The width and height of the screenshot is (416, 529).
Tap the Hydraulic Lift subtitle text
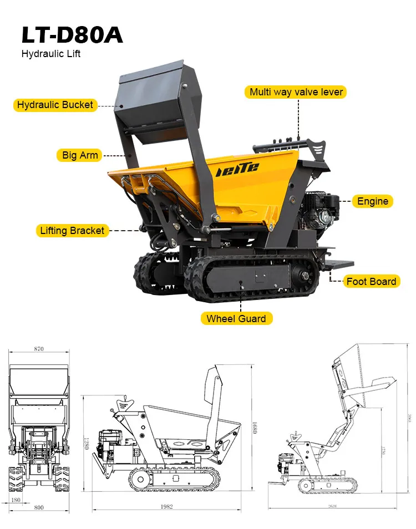coord(51,54)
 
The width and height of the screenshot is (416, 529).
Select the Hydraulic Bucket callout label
coord(55,105)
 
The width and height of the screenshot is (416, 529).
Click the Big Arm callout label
coord(80,155)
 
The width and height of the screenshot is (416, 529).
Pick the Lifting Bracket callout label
coord(72,230)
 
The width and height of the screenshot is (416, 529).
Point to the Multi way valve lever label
coord(296,92)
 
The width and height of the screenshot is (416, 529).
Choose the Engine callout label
coord(372,201)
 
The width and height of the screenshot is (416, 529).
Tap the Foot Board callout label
coord(371,281)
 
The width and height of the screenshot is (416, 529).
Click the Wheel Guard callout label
coord(236,318)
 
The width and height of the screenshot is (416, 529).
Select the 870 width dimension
coord(38,349)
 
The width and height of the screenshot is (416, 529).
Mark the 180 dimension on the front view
coord(16,500)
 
